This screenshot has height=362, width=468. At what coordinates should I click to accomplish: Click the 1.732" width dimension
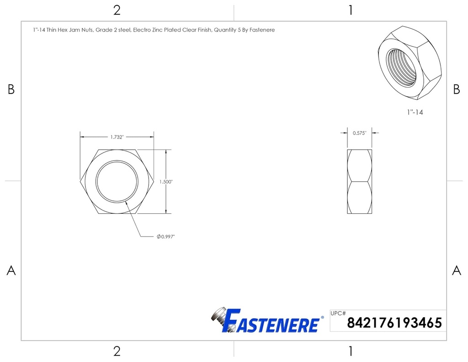tap(117, 137)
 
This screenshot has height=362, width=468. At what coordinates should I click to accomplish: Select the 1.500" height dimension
tap(166, 182)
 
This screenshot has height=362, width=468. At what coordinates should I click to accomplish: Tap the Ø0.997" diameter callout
tap(166, 237)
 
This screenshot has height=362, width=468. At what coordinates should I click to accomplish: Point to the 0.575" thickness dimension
tap(359, 133)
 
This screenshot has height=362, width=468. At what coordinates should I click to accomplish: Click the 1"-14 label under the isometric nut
tap(415, 112)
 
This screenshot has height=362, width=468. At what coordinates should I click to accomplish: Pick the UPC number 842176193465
tap(394, 323)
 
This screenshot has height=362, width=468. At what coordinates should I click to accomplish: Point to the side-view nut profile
tap(359, 182)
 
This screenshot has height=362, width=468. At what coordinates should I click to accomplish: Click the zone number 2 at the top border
tap(117, 10)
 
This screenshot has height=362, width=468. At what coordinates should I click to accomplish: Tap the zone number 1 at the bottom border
tap(350, 351)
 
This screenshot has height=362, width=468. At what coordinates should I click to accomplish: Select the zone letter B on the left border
tap(11, 90)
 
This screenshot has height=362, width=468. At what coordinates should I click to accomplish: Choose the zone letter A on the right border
tap(456, 270)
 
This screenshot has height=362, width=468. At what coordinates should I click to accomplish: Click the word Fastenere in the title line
tap(262, 30)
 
